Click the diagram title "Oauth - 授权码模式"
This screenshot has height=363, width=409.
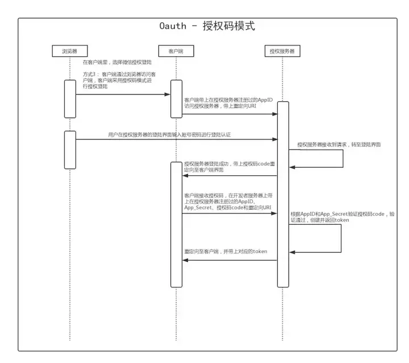(206, 26)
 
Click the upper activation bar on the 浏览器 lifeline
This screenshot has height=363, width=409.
(70, 98)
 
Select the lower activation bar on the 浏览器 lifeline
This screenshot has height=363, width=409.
(70, 149)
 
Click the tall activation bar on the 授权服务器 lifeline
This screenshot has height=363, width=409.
(283, 193)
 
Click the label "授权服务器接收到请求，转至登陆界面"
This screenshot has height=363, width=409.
(339, 145)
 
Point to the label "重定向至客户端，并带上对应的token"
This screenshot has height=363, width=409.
(226, 251)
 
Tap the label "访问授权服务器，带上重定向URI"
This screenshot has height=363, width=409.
(222, 106)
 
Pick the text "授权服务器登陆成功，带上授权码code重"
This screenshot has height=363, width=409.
(229, 163)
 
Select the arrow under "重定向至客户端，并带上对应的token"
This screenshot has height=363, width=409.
(229, 261)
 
